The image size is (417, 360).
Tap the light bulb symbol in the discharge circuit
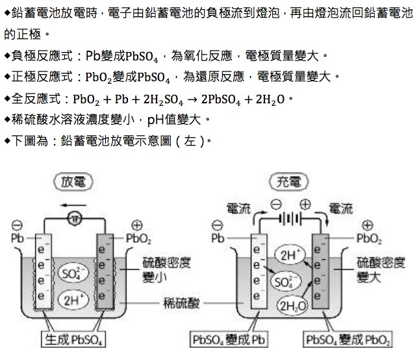pos(75,218)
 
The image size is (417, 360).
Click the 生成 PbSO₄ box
pos(73,340)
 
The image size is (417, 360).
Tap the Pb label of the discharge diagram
pos(16,238)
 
